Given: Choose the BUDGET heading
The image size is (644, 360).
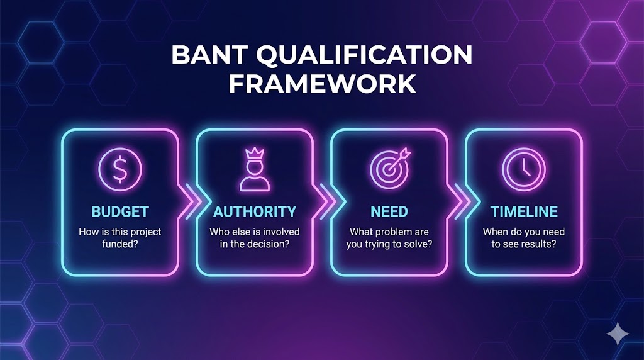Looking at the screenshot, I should point(120,211).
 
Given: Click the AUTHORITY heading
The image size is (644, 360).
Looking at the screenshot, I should point(255,211).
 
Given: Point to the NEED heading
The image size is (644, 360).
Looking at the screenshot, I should point(389,211).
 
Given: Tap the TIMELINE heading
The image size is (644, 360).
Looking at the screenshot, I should point(523,211).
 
